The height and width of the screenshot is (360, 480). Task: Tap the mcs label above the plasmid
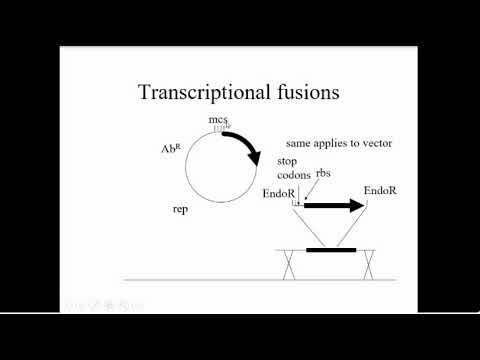tap(219, 121)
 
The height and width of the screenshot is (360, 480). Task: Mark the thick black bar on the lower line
tap(331, 249)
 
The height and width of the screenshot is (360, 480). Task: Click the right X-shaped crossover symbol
tap(371, 264)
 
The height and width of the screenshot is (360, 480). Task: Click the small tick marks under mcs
tap(220, 131)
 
